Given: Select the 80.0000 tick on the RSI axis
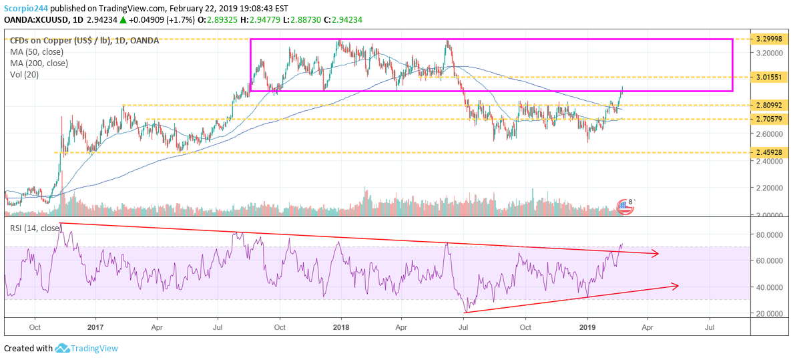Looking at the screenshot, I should [x=764, y=234].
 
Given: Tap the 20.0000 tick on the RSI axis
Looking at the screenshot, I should [x=764, y=313].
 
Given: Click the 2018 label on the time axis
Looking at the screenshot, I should [x=340, y=328].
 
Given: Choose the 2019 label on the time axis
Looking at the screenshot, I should [x=587, y=328].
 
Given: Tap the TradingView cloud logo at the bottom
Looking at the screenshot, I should [x=63, y=348].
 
